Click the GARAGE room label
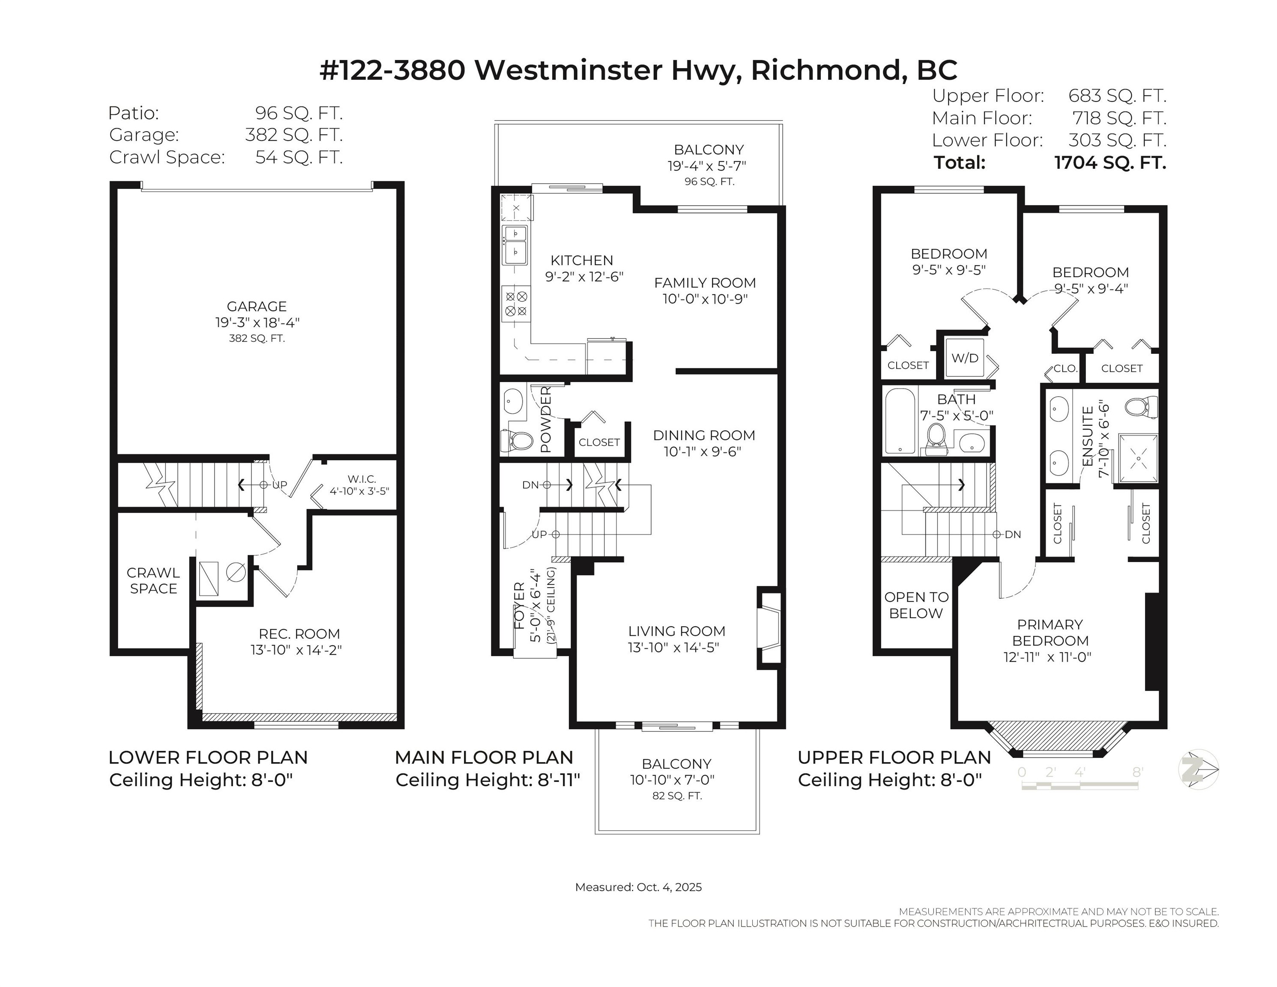[x=257, y=306]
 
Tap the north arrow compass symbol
[x=1198, y=769]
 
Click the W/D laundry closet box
[x=965, y=358]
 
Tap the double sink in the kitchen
[x=514, y=244]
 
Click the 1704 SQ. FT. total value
[x=1110, y=162]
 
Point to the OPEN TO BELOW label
[x=916, y=605]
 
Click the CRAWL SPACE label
[x=153, y=580]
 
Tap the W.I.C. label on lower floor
[x=362, y=479]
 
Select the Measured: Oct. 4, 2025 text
[x=638, y=887]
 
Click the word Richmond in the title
[x=825, y=70]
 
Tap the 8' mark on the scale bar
[x=1137, y=772]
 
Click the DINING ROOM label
[x=704, y=435]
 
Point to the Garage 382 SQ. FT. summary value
[x=293, y=135]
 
